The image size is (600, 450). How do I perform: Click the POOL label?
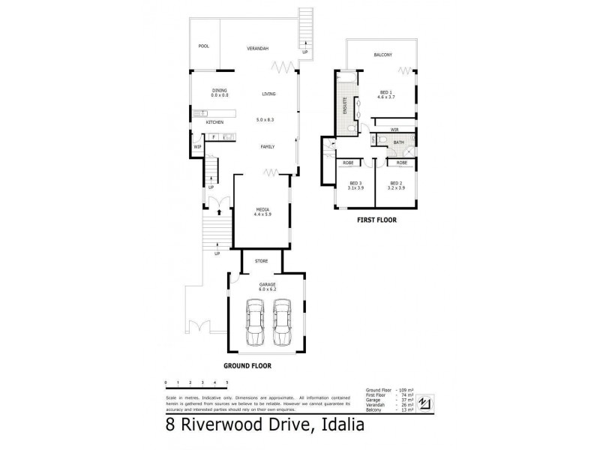tap(203, 46)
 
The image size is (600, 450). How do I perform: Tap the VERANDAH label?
tap(258, 49)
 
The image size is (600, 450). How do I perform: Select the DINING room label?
tap(219, 91)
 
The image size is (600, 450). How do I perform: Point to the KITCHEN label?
tap(215, 122)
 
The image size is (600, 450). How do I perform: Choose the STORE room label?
tap(261, 262)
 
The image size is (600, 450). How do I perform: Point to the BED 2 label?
tap(397, 183)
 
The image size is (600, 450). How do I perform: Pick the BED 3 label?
tap(355, 183)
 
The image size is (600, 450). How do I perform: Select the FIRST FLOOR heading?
tap(375, 221)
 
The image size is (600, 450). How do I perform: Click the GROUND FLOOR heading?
tap(247, 367)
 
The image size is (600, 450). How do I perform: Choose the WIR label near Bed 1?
tap(394, 130)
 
